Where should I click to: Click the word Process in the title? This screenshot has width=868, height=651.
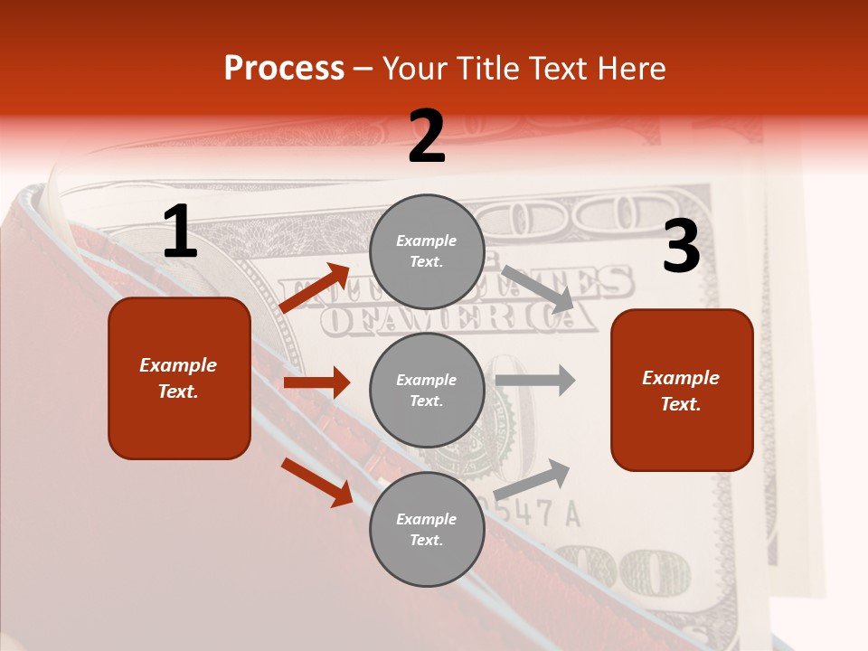(284, 69)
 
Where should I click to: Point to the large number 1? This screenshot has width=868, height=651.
(180, 233)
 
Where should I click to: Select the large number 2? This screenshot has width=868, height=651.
(427, 137)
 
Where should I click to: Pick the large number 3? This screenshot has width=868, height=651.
(681, 246)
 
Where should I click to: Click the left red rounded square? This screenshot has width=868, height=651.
(179, 378)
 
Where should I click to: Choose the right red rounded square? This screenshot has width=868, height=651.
(682, 390)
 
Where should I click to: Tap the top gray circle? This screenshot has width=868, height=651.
(427, 251)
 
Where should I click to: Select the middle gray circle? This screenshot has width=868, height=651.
(427, 390)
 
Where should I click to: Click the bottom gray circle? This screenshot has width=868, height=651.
(427, 529)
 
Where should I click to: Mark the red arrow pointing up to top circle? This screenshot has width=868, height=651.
(315, 288)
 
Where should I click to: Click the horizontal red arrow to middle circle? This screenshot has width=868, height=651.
(316, 382)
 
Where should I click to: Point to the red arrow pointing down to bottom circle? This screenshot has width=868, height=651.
(317, 481)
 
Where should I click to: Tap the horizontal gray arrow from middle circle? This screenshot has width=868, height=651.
(535, 380)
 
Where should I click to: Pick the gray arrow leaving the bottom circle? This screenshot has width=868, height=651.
(533, 479)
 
